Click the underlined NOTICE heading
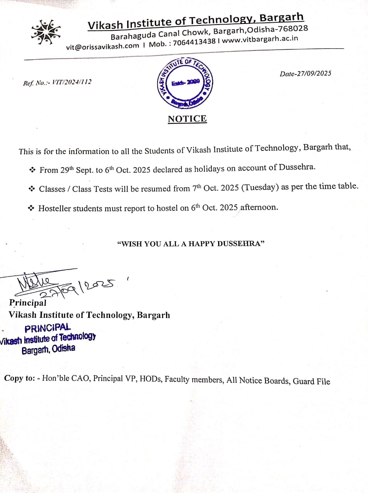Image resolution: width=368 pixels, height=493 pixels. pyautogui.click(x=187, y=119)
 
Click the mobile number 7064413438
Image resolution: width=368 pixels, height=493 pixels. pyautogui.click(x=194, y=42)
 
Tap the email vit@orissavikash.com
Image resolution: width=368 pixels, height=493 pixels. pyautogui.click(x=103, y=46)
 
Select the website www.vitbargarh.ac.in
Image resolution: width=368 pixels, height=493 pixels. pyautogui.click(x=260, y=39)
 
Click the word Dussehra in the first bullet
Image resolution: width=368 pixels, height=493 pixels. pyautogui.click(x=297, y=167)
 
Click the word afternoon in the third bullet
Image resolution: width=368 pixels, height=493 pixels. pyautogui.click(x=259, y=207)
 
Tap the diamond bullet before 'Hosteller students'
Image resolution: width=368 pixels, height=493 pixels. pyautogui.click(x=31, y=208)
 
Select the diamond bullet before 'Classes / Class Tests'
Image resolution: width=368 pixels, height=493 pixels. pyautogui.click(x=32, y=189)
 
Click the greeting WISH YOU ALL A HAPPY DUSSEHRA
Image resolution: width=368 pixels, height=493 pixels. pyautogui.click(x=191, y=244)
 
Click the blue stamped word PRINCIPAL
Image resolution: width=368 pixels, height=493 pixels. pyautogui.click(x=48, y=328)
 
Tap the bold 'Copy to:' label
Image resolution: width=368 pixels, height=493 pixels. pyautogui.click(x=19, y=378)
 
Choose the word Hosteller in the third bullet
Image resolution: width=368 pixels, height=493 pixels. pyautogui.click(x=55, y=208)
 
